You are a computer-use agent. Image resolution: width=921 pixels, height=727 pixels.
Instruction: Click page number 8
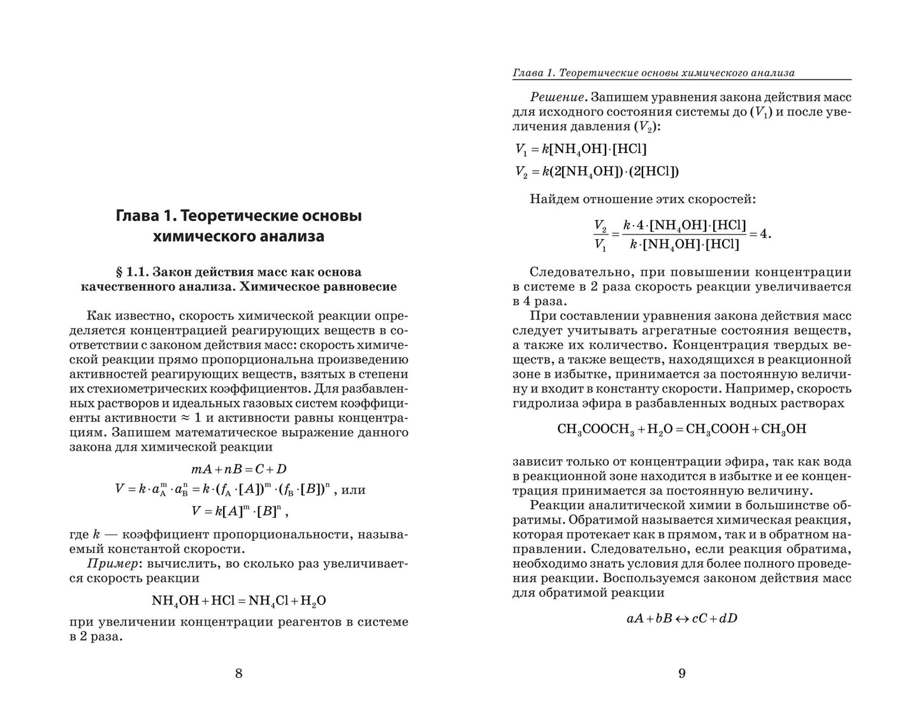tap(239, 673)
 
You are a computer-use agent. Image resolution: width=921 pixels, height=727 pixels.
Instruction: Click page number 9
tap(681, 673)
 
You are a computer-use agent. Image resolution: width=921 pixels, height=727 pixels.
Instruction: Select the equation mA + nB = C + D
tap(239, 470)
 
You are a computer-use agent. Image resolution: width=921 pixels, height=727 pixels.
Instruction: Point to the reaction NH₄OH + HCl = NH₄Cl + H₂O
tap(239, 600)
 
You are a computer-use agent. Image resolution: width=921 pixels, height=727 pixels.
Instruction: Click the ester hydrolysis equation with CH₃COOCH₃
tap(681, 429)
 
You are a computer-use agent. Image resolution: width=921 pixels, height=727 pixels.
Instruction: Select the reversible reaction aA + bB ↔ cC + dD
tap(681, 618)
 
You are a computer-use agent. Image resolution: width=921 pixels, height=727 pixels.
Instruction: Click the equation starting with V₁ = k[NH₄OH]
tap(580, 149)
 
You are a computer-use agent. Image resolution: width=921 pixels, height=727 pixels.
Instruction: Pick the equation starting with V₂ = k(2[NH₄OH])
tap(597, 171)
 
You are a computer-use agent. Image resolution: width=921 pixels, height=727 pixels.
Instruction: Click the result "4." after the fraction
tap(764, 233)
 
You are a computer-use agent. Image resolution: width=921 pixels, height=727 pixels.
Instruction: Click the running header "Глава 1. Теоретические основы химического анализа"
tap(653, 73)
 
